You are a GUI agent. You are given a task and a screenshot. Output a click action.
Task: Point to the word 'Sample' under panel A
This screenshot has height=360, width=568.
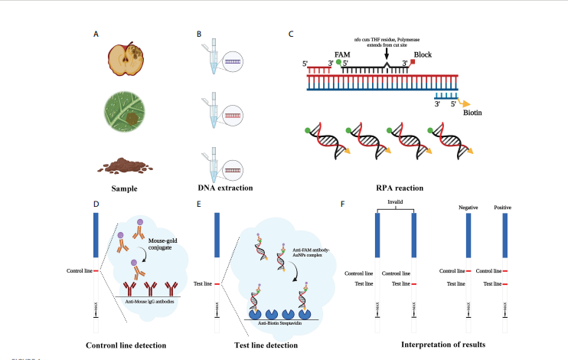pyautogui.click(x=123, y=188)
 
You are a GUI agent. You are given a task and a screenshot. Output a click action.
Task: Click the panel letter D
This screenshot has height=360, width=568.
pyautogui.click(x=96, y=205)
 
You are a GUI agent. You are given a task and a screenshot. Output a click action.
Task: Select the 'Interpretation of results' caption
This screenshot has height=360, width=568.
pyautogui.click(x=442, y=345)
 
